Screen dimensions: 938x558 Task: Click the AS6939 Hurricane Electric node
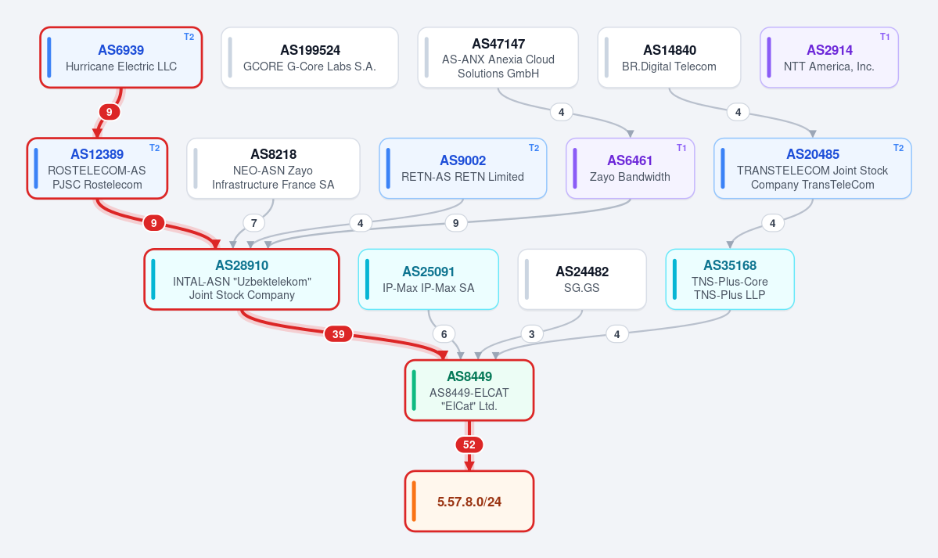[x=120, y=57]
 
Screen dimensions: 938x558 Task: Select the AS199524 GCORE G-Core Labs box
[x=310, y=57]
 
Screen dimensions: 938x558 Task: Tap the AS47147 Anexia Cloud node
[x=498, y=57]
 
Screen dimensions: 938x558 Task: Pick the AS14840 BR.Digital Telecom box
[x=669, y=57]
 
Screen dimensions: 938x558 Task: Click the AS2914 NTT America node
[x=829, y=57]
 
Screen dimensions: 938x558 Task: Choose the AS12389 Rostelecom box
[x=97, y=168]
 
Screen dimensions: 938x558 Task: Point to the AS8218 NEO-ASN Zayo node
[x=273, y=168]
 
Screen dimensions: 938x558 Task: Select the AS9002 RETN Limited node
[x=463, y=168]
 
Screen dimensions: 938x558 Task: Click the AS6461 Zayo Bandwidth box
[x=630, y=168]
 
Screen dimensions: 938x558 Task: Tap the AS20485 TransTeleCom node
[x=812, y=168]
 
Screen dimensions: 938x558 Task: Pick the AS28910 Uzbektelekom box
[x=242, y=279]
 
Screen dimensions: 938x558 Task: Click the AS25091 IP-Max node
[x=429, y=279]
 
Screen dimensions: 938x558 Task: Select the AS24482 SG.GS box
[x=582, y=279]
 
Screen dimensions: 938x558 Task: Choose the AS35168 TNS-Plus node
[x=730, y=279]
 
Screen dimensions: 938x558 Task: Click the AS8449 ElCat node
[x=469, y=391]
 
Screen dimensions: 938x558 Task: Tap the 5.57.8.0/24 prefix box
[x=469, y=501]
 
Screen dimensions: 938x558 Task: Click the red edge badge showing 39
[x=339, y=334]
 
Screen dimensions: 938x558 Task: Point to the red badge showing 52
[x=469, y=445]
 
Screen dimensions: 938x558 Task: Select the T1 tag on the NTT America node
[x=885, y=37]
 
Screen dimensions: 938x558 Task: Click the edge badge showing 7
[x=254, y=223]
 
